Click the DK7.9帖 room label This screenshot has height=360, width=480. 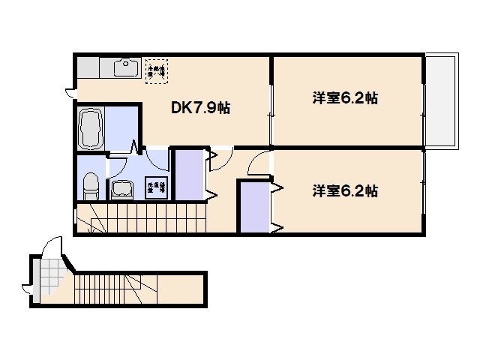coord(200,108)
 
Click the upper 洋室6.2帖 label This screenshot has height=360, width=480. coord(344,98)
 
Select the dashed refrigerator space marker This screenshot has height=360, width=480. coord(157,68)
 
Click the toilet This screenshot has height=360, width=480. coord(91,184)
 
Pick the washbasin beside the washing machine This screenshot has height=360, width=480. coord(120,189)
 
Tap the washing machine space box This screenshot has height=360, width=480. coord(156,187)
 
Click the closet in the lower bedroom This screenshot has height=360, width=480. coord(253,206)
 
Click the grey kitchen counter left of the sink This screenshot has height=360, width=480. coord(94,67)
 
